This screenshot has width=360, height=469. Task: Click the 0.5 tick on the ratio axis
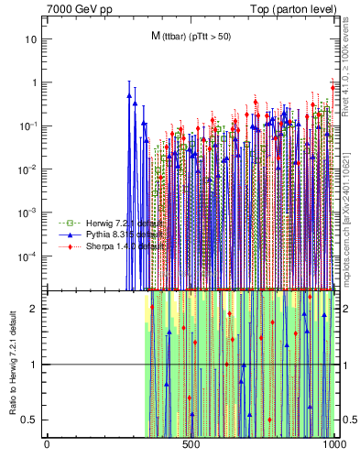(x=31, y=420)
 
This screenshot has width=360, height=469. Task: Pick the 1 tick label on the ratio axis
(x=35, y=365)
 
